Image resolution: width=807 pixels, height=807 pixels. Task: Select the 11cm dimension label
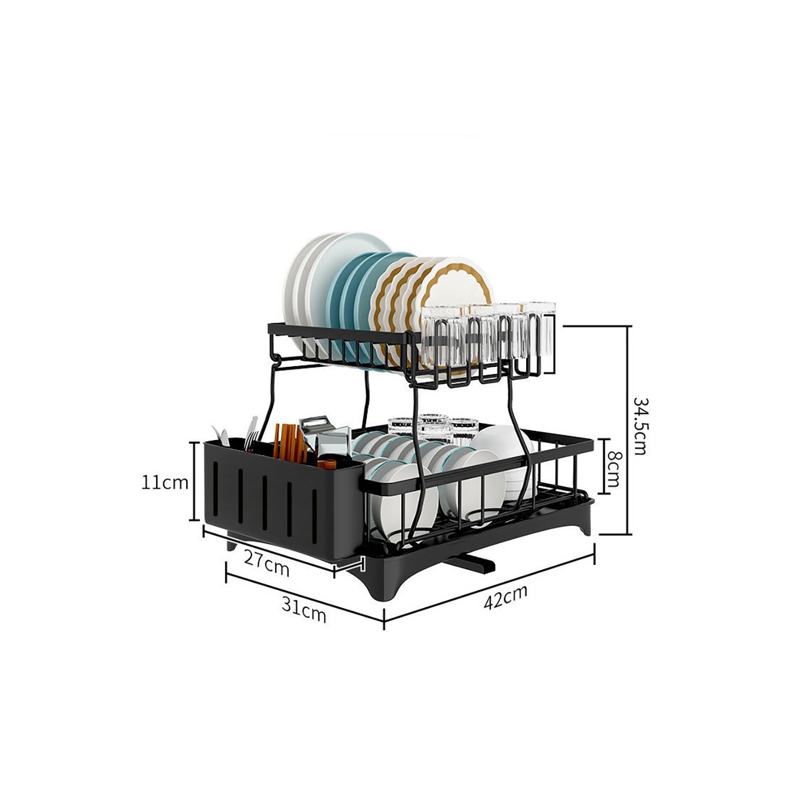(x=165, y=482)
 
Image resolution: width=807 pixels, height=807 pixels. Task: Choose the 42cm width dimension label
(x=505, y=596)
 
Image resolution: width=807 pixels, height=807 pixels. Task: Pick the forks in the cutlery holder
(x=250, y=433)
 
